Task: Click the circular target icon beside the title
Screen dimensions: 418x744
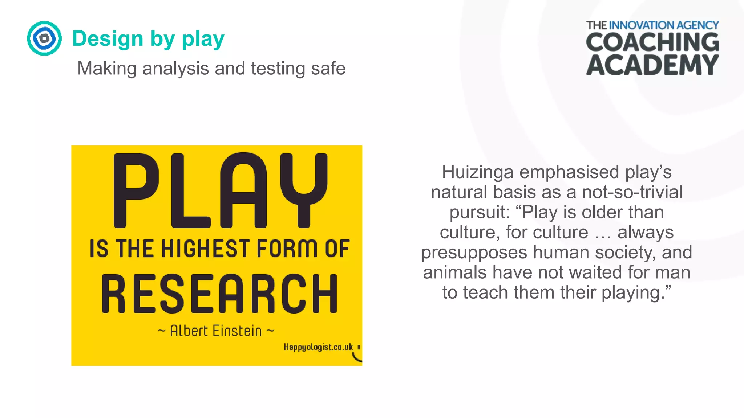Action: pos(44,38)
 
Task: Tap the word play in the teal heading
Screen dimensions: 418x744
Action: pos(203,39)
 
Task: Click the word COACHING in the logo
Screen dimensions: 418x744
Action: pos(652,42)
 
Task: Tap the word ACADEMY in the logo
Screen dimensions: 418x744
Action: pos(652,65)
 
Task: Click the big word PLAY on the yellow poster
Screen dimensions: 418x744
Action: pos(220,190)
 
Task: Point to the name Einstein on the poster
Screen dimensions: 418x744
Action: pos(237,331)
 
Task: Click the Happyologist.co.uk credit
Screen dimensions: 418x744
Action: pos(318,347)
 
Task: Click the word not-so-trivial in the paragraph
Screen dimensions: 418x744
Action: pos(632,192)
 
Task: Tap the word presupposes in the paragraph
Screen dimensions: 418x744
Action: pos(474,253)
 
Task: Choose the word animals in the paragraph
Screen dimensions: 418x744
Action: pos(455,272)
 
